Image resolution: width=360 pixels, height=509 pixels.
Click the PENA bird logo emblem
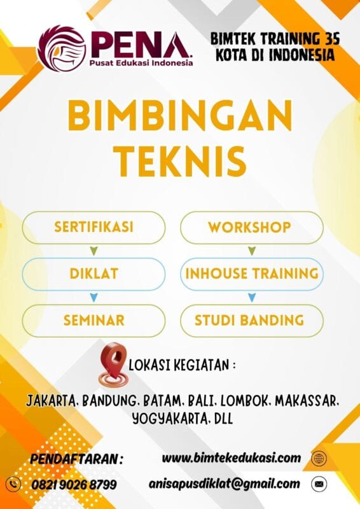tap(61, 47)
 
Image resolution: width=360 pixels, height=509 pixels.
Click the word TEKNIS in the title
tap(181, 160)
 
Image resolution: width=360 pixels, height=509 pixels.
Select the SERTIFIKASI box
tap(93, 227)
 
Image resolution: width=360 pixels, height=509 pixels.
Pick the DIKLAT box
tap(93, 274)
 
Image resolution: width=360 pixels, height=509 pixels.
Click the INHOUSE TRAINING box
tap(251, 274)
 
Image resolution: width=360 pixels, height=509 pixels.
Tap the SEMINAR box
tap(93, 319)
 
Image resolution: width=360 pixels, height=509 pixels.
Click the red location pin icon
tap(114, 365)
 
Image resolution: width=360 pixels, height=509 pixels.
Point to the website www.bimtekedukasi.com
tap(231, 457)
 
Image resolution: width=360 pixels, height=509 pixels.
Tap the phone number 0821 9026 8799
tap(74, 485)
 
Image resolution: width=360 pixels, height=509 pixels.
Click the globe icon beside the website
tap(319, 458)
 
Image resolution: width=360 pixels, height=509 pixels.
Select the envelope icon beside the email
tap(319, 484)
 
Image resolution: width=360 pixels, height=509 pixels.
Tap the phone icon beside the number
tap(13, 484)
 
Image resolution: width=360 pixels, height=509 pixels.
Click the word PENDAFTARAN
tap(76, 459)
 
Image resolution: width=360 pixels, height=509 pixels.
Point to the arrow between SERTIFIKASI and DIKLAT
tap(94, 251)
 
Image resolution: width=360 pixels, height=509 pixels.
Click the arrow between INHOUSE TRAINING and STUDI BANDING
tap(252, 297)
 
